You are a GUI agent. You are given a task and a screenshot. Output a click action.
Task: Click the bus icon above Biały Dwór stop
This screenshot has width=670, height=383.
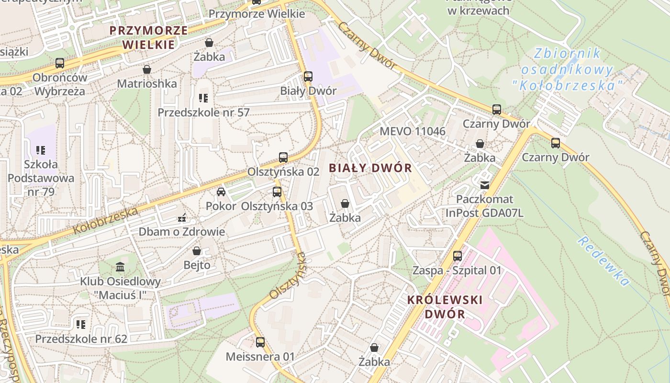coord(308,76)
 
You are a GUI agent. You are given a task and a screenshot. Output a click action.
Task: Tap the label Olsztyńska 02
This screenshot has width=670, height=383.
coord(283,171)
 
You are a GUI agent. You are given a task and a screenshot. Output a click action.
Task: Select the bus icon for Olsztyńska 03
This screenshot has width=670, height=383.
coord(277,192)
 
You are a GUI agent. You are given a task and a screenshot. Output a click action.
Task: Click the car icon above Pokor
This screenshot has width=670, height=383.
coord(221,192)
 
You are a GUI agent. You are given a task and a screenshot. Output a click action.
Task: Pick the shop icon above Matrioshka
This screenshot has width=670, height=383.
coord(147,69)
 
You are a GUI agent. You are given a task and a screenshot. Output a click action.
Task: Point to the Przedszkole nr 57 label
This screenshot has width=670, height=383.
coord(203,113)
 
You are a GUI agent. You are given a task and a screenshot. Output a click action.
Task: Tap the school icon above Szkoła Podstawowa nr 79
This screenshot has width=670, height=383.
coord(41,150)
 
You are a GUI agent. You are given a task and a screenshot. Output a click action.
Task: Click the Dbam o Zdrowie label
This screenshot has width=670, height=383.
coord(181,232)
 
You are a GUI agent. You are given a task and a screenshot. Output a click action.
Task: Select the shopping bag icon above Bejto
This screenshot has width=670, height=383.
coord(196,250)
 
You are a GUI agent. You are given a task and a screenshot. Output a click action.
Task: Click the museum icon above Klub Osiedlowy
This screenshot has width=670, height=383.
coord(120,267)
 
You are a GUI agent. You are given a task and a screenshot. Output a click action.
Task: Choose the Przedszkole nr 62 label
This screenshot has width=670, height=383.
coord(81,339)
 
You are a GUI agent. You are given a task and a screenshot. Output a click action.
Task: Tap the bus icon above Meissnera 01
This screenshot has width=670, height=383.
coord(260,342)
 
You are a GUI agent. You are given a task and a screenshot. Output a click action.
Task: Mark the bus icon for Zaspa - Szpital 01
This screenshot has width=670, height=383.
coord(458,256)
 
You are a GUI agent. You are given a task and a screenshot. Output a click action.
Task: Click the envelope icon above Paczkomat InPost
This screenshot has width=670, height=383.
coord(485,185)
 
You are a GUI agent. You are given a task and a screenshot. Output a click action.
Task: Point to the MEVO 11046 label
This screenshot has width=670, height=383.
coord(412,131)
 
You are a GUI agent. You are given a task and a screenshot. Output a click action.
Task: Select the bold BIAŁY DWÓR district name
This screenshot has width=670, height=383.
coord(370,168)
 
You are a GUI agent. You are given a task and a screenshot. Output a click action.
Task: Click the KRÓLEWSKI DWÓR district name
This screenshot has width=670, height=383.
coord(445,307)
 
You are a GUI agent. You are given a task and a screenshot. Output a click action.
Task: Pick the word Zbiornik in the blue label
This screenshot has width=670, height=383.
coord(568,54)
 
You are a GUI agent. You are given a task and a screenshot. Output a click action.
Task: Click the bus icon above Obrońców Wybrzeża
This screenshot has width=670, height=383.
coord(60,63)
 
